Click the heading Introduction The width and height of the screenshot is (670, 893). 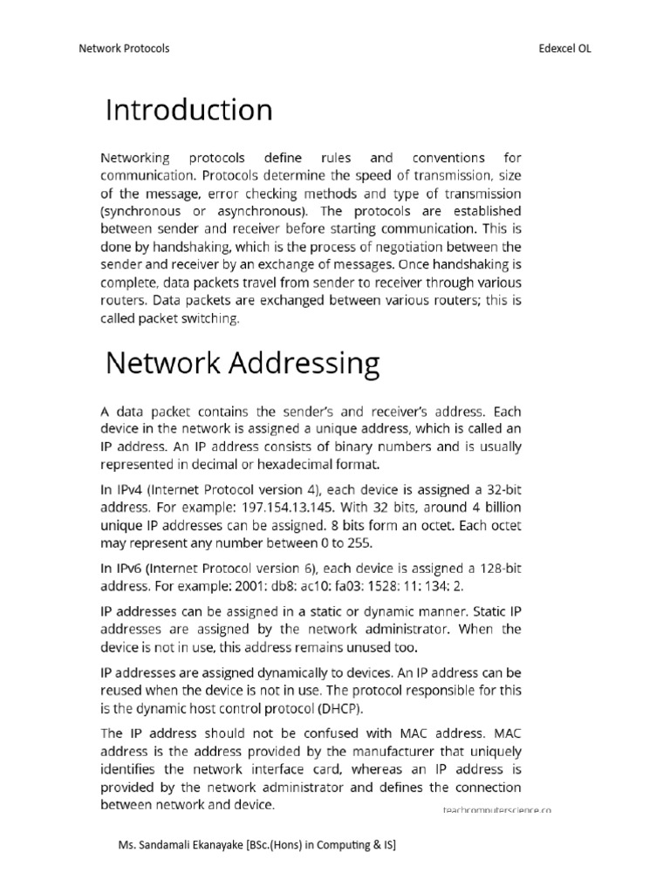[188, 111]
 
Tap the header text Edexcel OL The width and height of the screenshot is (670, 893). [565, 49]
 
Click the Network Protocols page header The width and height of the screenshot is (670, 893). [124, 49]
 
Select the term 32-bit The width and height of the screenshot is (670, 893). [500, 489]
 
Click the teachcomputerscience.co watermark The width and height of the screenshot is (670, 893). [497, 810]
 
